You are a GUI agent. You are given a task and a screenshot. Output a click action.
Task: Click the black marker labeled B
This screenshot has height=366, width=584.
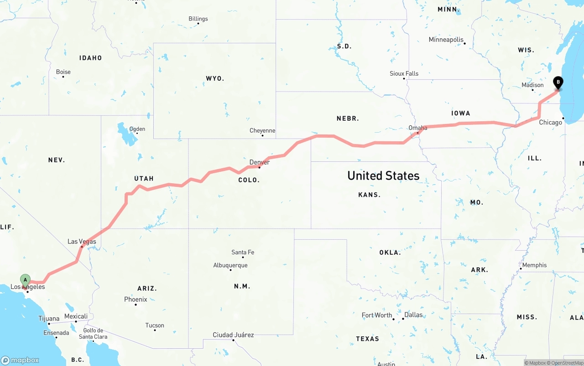(x=558, y=82)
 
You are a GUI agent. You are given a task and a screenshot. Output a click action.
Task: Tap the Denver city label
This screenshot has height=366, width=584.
(x=260, y=162)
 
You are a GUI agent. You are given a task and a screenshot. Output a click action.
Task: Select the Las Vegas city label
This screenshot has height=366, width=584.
(x=82, y=241)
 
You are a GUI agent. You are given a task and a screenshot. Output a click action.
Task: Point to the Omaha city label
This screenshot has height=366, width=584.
(x=418, y=128)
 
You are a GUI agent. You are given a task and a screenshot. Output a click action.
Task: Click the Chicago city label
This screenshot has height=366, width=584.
(x=550, y=122)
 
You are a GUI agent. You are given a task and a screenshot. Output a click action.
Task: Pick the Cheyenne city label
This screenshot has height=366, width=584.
(x=262, y=130)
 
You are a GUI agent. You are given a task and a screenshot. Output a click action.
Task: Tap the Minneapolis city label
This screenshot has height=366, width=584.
(x=446, y=40)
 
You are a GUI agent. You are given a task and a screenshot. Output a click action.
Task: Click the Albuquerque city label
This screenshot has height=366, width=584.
(x=230, y=265)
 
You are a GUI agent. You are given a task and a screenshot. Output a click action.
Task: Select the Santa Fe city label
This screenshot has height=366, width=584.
(x=243, y=252)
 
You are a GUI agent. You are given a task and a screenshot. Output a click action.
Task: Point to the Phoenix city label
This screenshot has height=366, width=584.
(x=136, y=299)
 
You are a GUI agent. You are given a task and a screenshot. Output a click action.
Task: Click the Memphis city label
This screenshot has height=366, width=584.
(x=534, y=265)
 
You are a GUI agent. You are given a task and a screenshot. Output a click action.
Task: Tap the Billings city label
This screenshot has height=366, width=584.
(x=198, y=19)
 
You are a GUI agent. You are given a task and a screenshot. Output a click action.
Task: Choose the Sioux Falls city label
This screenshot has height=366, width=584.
(x=404, y=73)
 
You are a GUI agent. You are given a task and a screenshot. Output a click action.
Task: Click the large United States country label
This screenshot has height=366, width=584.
(x=383, y=175)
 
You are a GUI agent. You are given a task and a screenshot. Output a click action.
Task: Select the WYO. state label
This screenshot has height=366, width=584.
(x=215, y=78)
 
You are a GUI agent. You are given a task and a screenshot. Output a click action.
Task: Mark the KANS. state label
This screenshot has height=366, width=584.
(x=369, y=195)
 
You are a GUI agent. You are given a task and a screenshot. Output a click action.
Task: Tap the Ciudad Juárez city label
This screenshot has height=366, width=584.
(x=233, y=335)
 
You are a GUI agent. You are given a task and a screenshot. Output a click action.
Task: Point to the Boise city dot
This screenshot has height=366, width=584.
(x=63, y=77)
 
